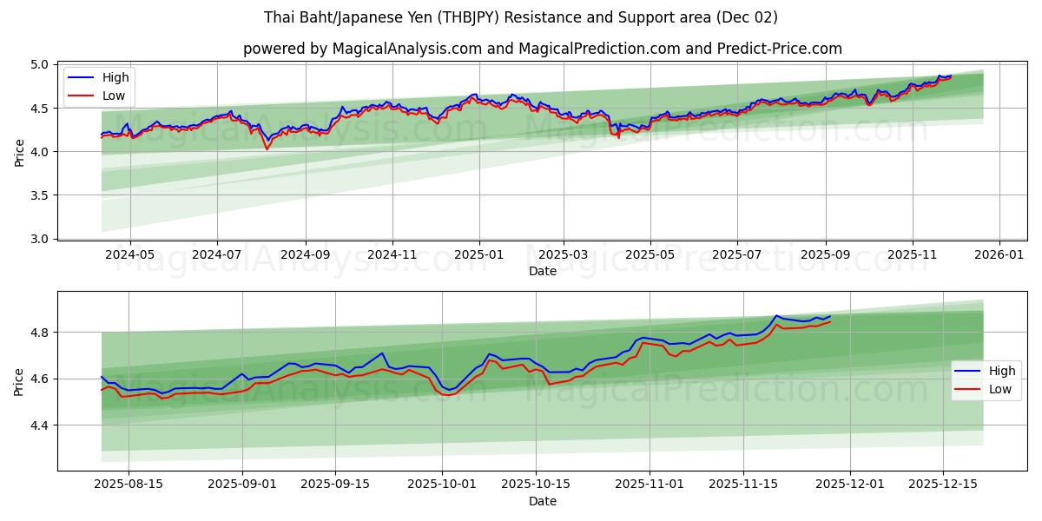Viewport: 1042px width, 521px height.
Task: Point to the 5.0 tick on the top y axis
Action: pos(40,65)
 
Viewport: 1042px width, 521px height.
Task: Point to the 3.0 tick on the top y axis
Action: pos(40,239)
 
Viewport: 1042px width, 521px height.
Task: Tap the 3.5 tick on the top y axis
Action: pos(40,195)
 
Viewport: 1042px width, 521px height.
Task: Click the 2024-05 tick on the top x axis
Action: pos(129,255)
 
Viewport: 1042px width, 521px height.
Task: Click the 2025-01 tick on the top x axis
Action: pos(478,255)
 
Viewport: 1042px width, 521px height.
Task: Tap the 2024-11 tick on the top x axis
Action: pos(392,255)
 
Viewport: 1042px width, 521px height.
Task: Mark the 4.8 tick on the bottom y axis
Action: pos(40,333)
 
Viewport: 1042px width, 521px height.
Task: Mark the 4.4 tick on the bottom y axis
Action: pos(40,425)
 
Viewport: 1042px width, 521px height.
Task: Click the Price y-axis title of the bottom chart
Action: pos(19,381)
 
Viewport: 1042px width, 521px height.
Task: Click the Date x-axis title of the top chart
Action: pos(543,271)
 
